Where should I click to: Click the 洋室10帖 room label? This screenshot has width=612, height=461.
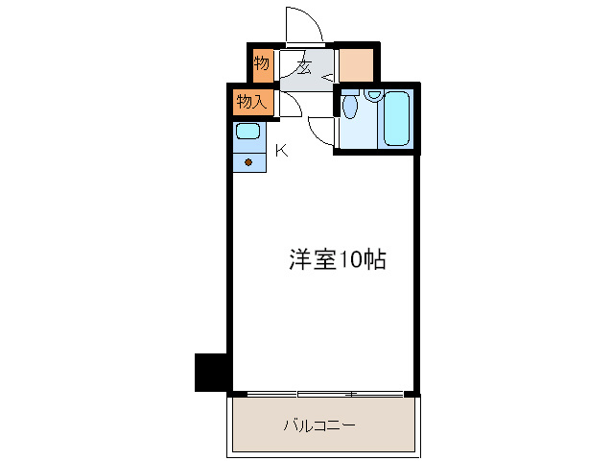pyautogui.click(x=338, y=259)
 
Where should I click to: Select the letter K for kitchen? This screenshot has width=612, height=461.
pyautogui.click(x=281, y=150)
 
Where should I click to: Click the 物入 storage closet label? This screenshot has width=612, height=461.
pyautogui.click(x=251, y=100)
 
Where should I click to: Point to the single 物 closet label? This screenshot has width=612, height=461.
pyautogui.click(x=261, y=64)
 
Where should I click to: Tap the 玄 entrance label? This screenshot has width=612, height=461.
pyautogui.click(x=302, y=67)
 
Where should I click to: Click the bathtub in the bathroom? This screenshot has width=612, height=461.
pyautogui.click(x=397, y=120)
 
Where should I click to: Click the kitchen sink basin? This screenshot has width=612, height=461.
pyautogui.click(x=248, y=132)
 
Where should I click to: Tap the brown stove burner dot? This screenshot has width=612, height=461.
pyautogui.click(x=249, y=161)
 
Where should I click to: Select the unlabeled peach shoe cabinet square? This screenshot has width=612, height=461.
pyautogui.click(x=357, y=65)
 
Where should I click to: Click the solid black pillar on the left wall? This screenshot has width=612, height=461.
pyautogui.click(x=210, y=372)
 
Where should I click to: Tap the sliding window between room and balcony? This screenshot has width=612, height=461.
pyautogui.click(x=323, y=394)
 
